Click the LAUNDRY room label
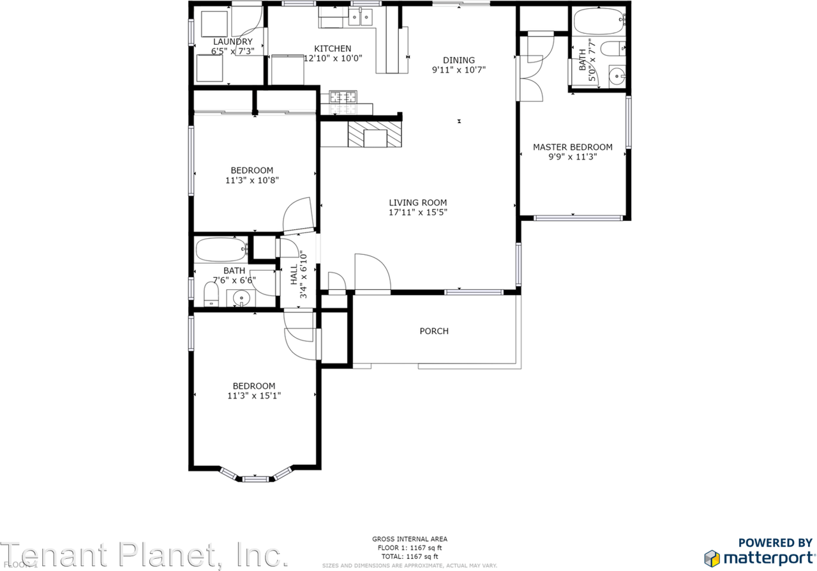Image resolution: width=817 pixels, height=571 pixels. (232, 42)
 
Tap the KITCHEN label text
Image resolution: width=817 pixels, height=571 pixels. (333, 49)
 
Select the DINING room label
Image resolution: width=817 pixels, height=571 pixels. (459, 60)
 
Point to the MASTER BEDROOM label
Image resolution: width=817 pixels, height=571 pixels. (573, 147)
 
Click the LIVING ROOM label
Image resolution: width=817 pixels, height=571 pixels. (418, 202)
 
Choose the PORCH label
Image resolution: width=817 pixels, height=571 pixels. (434, 331)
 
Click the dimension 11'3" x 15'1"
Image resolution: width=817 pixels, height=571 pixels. (254, 395)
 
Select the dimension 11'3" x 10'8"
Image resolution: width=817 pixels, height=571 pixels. (252, 180)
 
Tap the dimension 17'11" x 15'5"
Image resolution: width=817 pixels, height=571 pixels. (418, 213)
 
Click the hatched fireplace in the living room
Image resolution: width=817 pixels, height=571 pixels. (376, 135)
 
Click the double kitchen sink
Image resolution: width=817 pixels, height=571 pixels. (361, 18)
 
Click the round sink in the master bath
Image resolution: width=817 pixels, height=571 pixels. (617, 76)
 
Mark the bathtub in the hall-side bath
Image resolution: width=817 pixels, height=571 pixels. (220, 250)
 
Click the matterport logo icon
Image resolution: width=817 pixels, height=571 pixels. (712, 557)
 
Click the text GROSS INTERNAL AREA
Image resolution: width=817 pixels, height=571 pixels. (410, 539)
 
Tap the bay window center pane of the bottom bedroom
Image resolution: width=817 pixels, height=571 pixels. (255, 478)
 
